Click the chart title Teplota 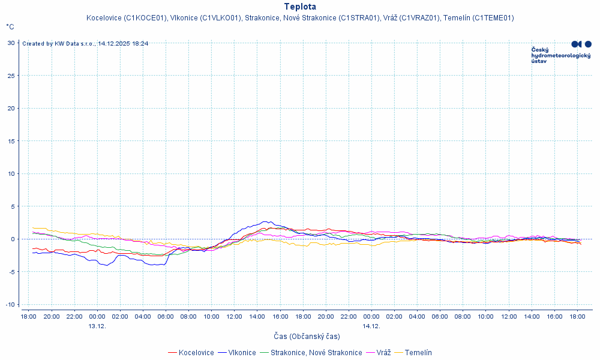[x=300, y=7]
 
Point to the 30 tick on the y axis [x=11, y=43]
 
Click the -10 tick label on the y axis [x=10, y=304]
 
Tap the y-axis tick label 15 [x=11, y=141]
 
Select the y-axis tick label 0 [x=13, y=239]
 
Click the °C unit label [x=10, y=27]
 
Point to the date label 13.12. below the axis [x=97, y=326]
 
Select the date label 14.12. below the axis [x=371, y=326]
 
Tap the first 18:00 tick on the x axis [x=29, y=316]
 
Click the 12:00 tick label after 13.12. [x=234, y=316]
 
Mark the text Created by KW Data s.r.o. [x=59, y=44]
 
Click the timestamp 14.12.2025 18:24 [x=124, y=44]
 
